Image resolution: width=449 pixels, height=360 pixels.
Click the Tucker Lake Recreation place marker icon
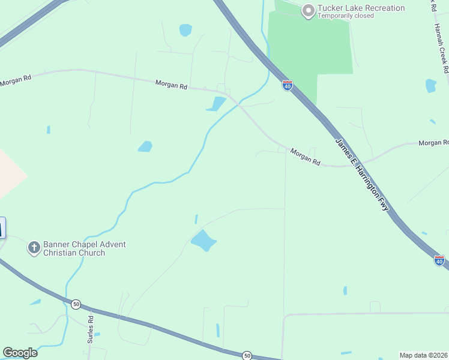[x=309, y=10]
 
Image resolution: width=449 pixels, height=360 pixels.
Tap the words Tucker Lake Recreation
[x=361, y=8]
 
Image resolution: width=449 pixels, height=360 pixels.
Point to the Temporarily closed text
[x=346, y=16]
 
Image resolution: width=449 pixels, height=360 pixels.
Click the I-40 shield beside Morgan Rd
[x=288, y=86]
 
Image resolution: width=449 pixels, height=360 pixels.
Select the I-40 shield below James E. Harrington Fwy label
[x=439, y=260]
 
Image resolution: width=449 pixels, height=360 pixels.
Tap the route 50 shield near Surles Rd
[x=76, y=304]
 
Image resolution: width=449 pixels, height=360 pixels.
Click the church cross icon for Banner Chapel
[x=34, y=247]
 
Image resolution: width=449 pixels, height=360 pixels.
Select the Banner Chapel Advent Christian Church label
[x=84, y=248]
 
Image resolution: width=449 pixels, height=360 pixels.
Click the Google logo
[x=20, y=353]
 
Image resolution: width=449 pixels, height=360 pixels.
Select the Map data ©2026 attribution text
[x=423, y=355]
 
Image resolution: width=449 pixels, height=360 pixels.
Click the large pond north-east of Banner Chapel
[x=203, y=240]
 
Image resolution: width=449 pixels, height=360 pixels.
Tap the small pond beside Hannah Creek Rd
[x=430, y=86]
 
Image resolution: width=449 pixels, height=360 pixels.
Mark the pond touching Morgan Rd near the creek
[x=216, y=104]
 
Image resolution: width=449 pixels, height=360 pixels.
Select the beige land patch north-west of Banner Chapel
[x=9, y=174]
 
